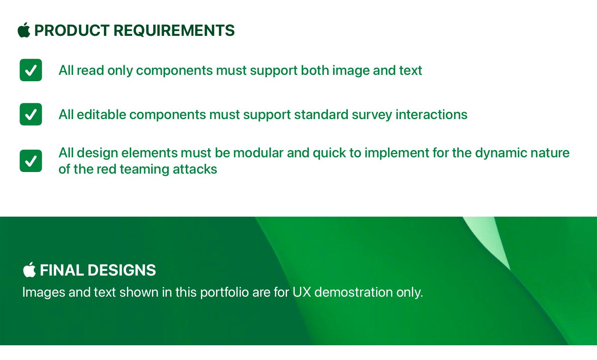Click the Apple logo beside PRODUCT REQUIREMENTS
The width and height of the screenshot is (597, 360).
[24, 30]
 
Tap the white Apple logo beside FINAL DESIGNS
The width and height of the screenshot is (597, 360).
[29, 270]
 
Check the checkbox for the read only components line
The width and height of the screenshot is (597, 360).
[31, 70]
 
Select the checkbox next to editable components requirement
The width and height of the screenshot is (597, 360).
[31, 114]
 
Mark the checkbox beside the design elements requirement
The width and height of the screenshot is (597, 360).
[31, 161]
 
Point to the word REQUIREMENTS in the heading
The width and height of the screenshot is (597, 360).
[174, 30]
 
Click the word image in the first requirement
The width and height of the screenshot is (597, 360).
[351, 71]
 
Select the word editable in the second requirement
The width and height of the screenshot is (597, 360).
[101, 115]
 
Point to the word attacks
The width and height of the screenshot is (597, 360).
[195, 169]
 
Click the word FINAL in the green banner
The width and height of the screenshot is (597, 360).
[62, 270]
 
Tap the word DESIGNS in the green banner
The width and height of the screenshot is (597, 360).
[122, 270]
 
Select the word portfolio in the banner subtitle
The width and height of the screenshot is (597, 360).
[224, 293]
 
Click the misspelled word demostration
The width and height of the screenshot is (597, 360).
[353, 292]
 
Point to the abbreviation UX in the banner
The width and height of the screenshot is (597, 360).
[302, 292]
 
